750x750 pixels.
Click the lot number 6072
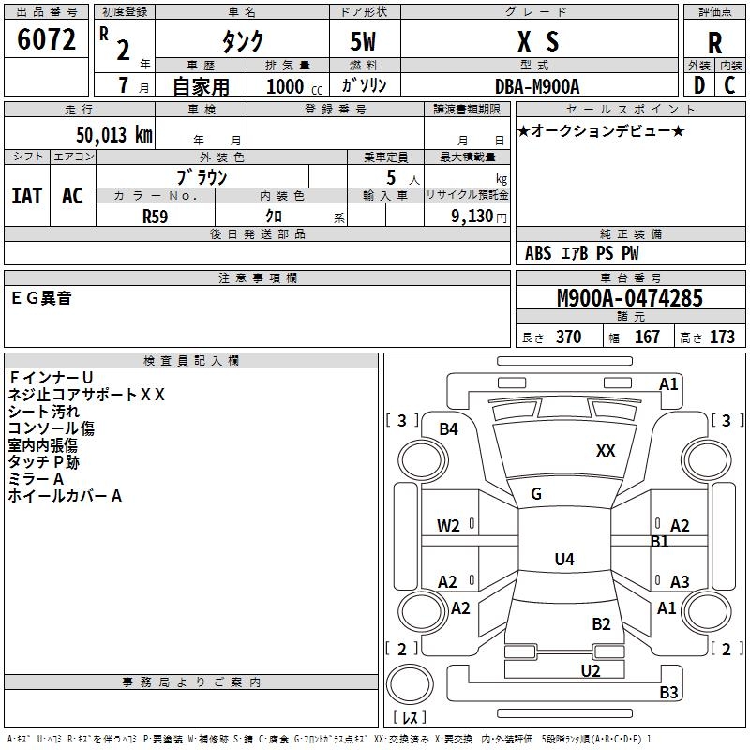point(46,39)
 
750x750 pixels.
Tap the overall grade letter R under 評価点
point(714,43)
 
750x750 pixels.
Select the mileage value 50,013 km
point(114,135)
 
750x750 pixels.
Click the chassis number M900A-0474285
point(630,297)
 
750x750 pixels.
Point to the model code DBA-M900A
point(537,86)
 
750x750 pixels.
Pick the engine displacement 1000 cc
point(294,86)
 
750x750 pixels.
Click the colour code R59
point(156,217)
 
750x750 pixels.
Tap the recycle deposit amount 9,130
point(472,217)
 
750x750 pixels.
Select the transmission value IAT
point(27,196)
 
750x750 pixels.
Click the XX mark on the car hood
point(606,450)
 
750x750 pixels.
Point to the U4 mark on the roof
point(564,559)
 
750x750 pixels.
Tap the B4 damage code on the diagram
point(449,429)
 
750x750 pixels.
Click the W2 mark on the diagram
point(448,526)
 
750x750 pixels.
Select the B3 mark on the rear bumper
point(668,692)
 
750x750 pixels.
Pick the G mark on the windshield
point(536,493)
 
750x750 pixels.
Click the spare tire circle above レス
point(410,683)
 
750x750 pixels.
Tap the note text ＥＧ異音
point(41,298)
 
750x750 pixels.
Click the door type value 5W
point(363,41)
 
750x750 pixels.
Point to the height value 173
point(722,337)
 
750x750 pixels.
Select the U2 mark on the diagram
point(591,670)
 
